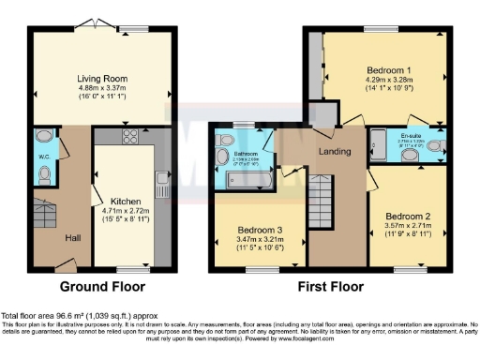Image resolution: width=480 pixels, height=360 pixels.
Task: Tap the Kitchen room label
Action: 126,202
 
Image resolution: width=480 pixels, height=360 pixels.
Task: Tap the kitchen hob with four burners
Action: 130,139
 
